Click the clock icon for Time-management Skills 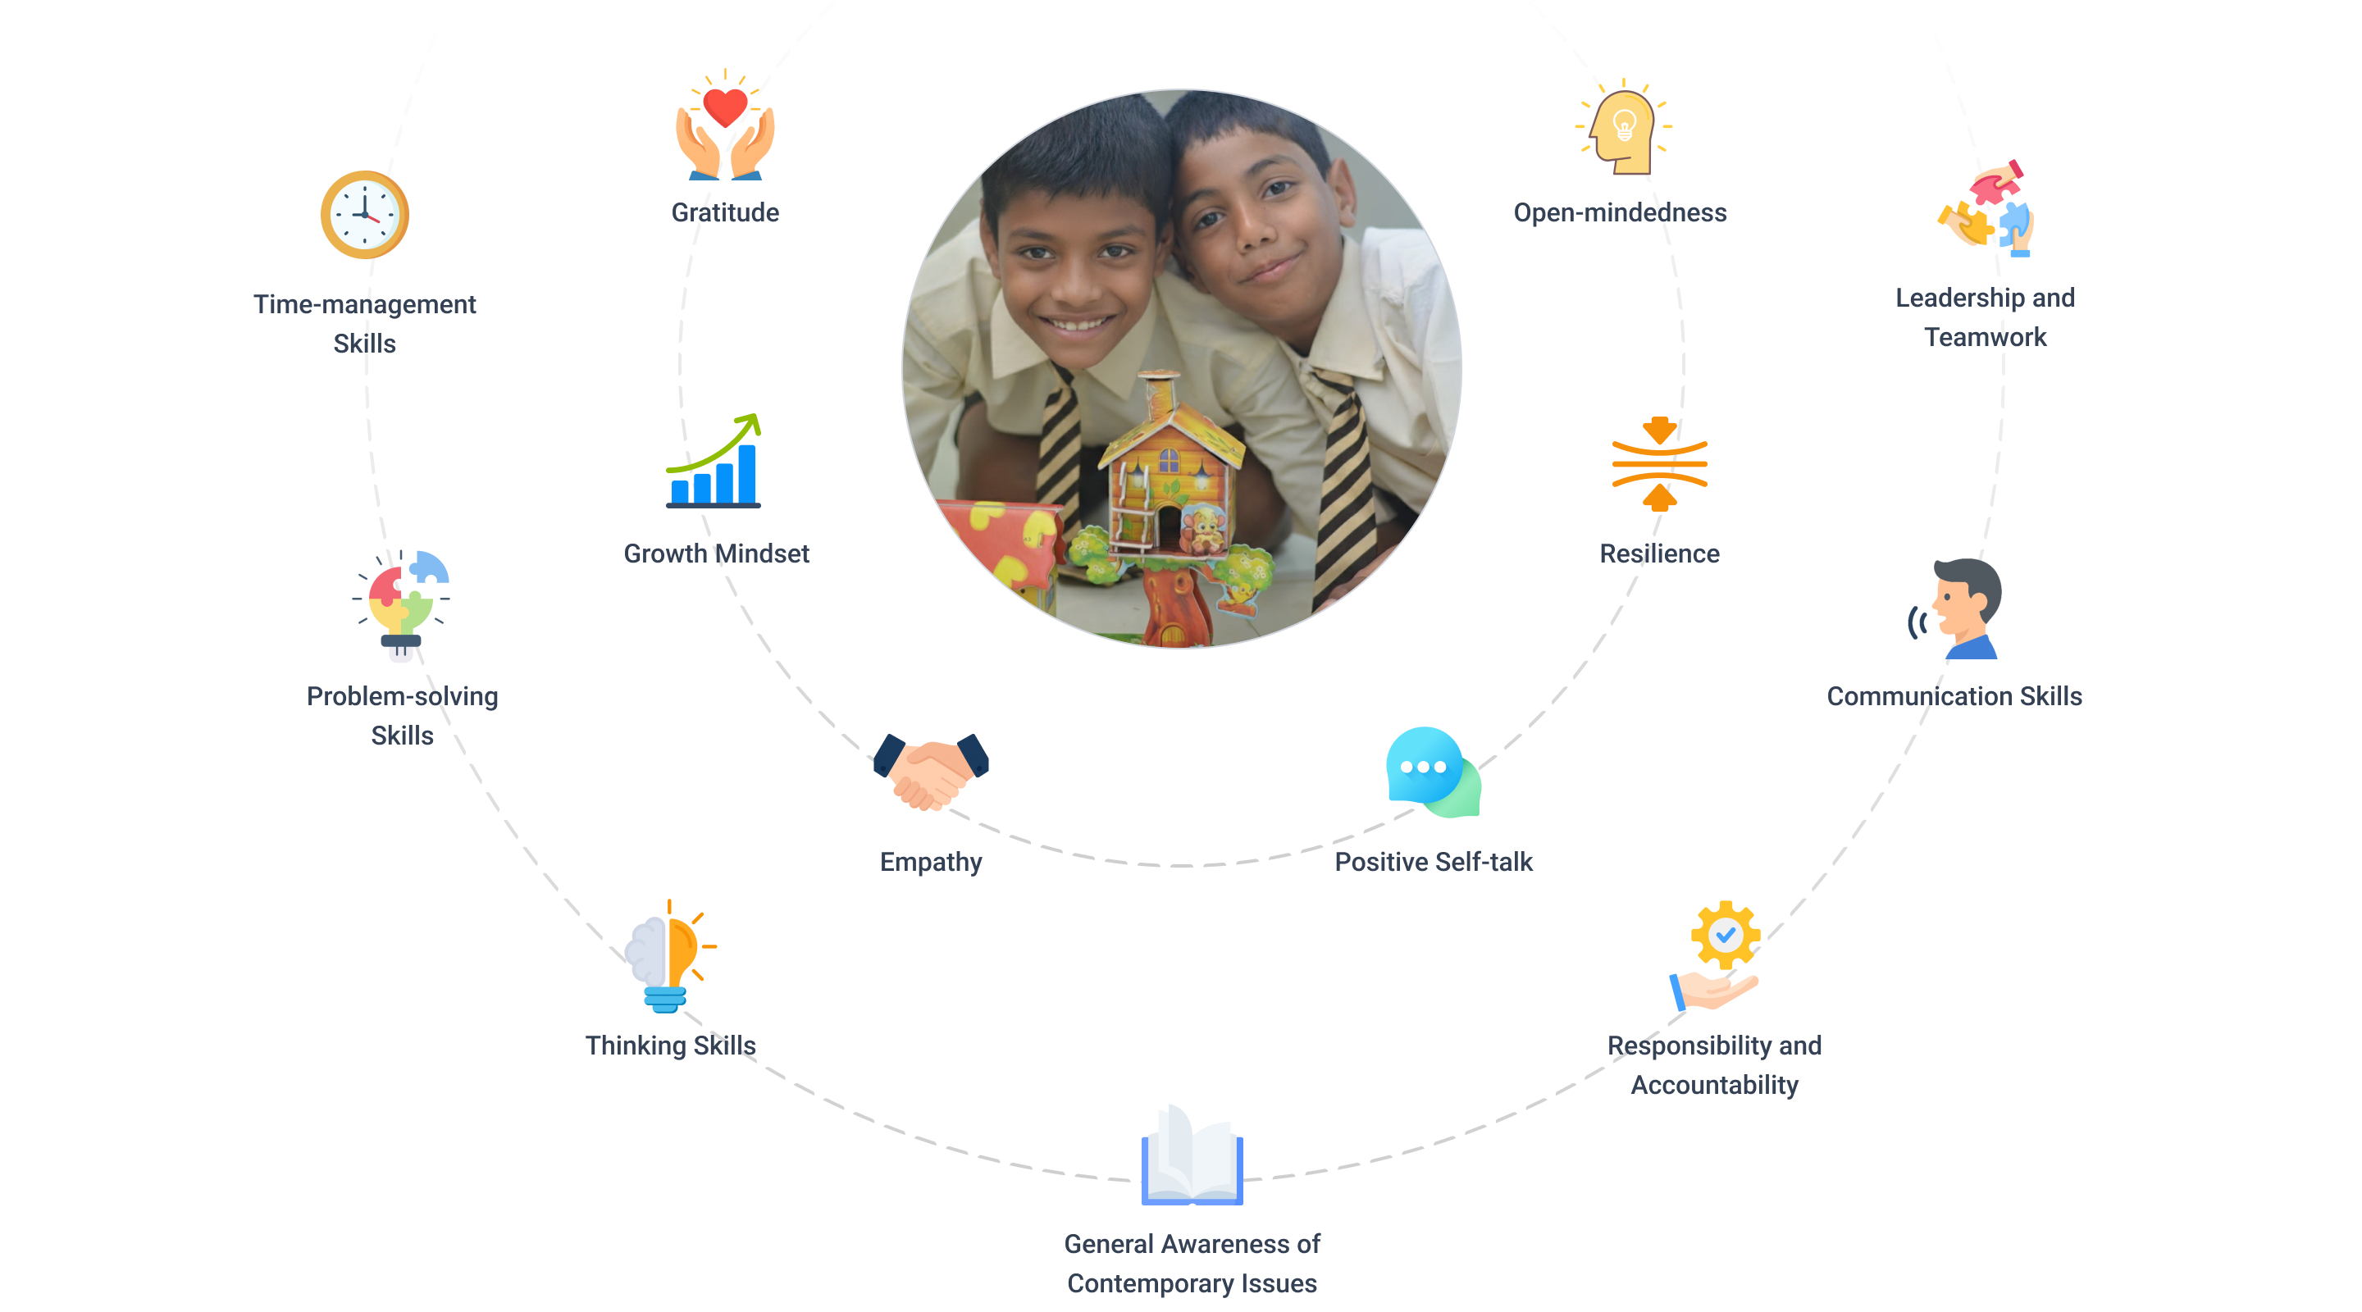[x=365, y=215]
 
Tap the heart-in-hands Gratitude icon [x=724, y=126]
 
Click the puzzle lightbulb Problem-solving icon [x=402, y=605]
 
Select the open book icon [x=1192, y=1155]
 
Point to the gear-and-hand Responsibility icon [x=1716, y=956]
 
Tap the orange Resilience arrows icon [x=1658, y=463]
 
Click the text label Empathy [x=931, y=862]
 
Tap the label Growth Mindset [x=716, y=553]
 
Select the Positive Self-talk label [x=1433, y=862]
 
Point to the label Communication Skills [x=1954, y=696]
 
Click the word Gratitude [x=724, y=212]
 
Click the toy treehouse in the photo [x=1169, y=495]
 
